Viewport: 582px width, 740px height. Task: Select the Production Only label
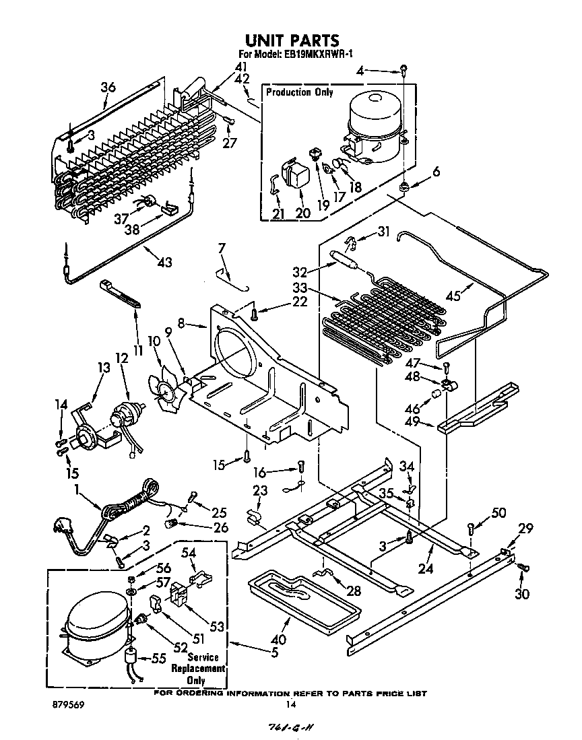(299, 92)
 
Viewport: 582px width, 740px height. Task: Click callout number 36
(108, 87)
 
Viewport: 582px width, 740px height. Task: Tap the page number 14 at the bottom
(291, 704)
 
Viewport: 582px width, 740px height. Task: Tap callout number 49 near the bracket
(413, 422)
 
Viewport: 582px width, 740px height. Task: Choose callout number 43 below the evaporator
(163, 261)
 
